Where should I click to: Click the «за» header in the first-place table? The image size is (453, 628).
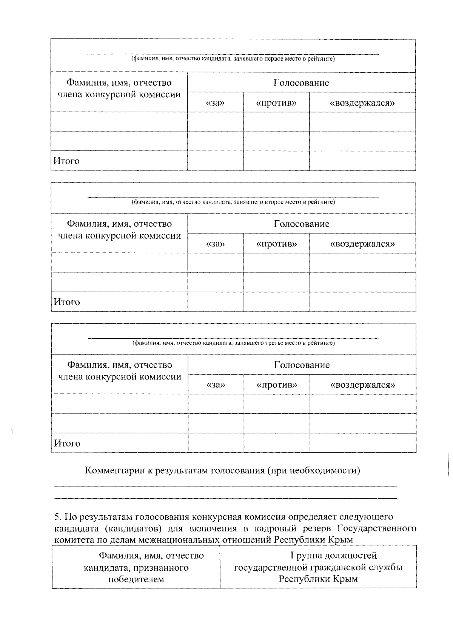pos(216,103)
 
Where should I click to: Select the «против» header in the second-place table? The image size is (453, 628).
pos(276,244)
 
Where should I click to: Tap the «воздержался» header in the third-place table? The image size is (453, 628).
pos(363,385)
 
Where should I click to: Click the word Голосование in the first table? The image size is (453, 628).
pos(301,83)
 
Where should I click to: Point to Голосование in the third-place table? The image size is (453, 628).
pos(302,365)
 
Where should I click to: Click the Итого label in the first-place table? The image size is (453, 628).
pos(66,161)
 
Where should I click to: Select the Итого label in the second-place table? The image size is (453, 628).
pos(67,302)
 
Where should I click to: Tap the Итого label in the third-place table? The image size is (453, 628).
pos(67,443)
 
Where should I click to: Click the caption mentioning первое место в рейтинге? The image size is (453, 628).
pos(233,59)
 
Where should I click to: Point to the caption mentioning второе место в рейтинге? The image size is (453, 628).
pos(233,202)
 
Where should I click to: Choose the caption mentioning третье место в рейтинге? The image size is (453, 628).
pos(233,343)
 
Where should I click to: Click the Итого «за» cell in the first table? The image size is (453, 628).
pos(216,161)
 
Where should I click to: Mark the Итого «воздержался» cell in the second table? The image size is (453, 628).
pos(363,302)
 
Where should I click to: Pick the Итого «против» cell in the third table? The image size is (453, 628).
pos(277,443)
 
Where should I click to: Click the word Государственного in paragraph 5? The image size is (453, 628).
pos(376,528)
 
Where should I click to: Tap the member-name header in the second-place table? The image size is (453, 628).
pos(119,230)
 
